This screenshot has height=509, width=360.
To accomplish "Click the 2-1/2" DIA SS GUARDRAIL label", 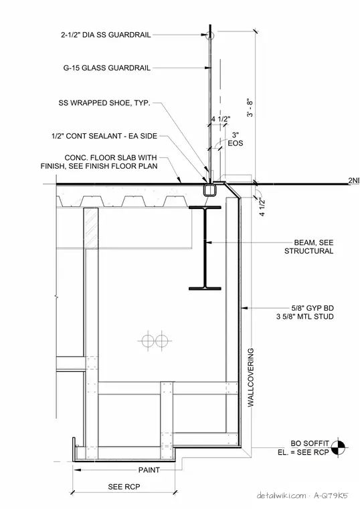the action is coord(106,35).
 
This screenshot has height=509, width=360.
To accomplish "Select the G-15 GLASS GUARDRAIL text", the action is coord(106,68).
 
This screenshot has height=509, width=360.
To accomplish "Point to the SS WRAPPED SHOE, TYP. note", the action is coord(104,103).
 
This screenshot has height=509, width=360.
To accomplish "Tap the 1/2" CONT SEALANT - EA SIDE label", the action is coord(104,136).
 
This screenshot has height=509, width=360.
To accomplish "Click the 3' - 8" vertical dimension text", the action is coord(250,107).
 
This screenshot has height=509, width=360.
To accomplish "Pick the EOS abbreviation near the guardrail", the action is coord(236,143).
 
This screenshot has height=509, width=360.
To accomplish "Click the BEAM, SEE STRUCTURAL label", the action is coord(308,246).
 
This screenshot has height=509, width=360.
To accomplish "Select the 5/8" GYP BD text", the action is coord(312,308).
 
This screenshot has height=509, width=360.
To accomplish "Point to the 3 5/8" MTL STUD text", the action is coord(305,317).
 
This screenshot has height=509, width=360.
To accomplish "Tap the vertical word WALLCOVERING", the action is coord(251,378).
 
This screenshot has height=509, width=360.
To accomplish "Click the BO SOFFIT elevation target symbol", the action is coord(338,447).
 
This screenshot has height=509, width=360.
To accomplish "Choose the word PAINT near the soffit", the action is coord(149,469).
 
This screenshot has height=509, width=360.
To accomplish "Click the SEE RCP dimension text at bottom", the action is coord(124,487).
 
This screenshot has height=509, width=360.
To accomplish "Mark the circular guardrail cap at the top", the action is coord(210,35).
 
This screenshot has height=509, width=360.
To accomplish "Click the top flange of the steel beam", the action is coord(205,207).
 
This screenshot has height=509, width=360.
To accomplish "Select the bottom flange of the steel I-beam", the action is coord(205,288).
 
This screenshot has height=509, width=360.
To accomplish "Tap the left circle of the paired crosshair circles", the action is coord(148,341).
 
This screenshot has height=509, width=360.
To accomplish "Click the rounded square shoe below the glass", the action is coord(210,190).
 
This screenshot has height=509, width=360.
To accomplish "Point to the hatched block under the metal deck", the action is coord(91,228).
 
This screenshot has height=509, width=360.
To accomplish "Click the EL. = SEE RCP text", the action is coord(303,452).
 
